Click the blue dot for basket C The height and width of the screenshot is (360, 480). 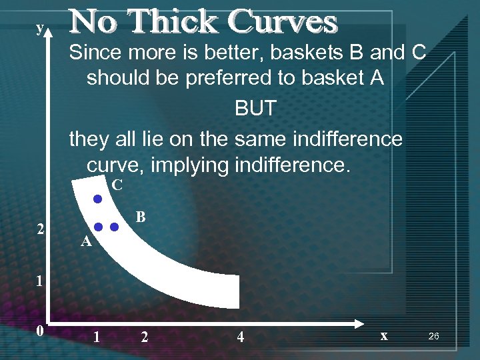[97, 199]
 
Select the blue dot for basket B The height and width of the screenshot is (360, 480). [114, 227]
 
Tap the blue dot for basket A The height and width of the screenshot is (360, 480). [97, 227]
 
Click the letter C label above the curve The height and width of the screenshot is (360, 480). [117, 185]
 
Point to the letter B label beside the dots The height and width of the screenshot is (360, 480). [141, 217]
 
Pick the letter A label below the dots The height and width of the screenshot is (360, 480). [85, 243]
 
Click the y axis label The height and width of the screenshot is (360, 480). [40, 27]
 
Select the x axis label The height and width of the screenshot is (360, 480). [383, 336]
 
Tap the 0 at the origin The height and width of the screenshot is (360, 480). [40, 331]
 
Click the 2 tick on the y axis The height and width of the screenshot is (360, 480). [41, 230]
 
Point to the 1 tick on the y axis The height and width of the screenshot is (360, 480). [39, 281]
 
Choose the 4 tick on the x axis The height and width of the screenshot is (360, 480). [240, 337]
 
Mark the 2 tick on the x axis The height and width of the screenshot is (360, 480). [145, 337]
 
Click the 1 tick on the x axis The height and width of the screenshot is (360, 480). [97, 337]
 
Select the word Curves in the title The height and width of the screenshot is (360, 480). [283, 22]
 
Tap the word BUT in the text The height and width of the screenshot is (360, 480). [255, 109]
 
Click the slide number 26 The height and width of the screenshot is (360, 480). [433, 337]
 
